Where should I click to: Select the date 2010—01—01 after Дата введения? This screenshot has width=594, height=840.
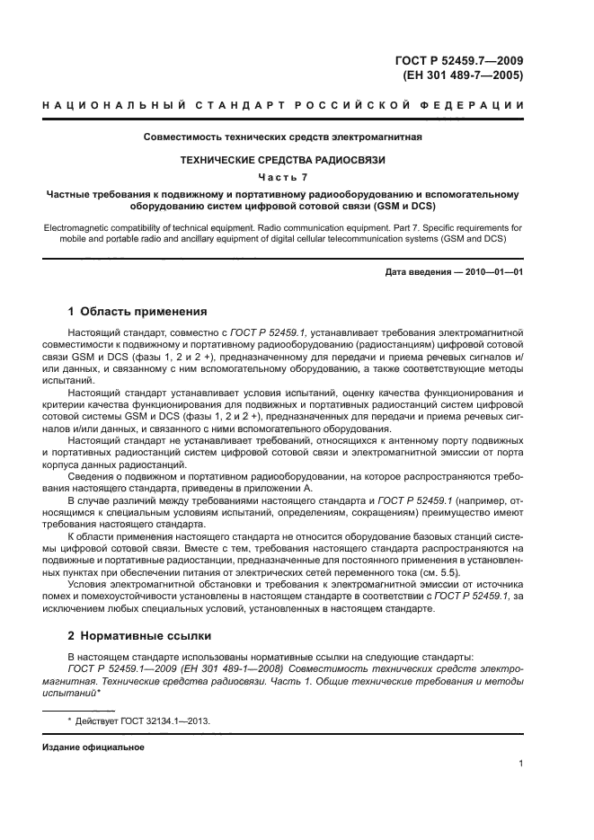pyautogui.click(x=494, y=271)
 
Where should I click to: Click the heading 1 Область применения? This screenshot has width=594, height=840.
pyautogui.click(x=137, y=312)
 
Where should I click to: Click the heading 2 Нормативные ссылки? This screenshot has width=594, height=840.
pyautogui.click(x=139, y=635)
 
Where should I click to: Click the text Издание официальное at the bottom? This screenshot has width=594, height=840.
pyautogui.click(x=93, y=747)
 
